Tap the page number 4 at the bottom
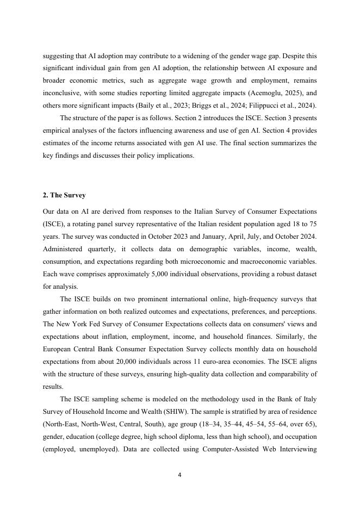[x=179, y=475]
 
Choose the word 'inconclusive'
[x=64, y=93]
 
